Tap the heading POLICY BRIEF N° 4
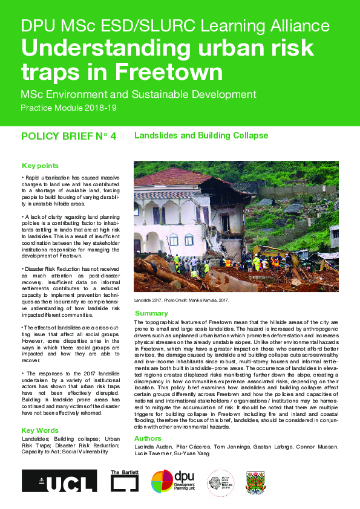68,136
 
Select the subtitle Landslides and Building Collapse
201,135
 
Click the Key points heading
40,166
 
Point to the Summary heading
151,314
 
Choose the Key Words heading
40,431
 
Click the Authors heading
148,438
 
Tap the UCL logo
59,481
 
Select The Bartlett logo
125,482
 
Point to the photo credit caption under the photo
182,300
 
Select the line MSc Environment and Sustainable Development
139,95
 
